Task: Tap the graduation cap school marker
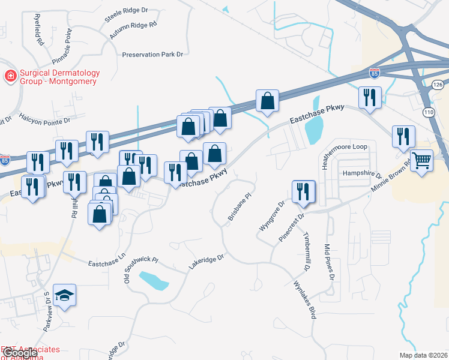[x=65, y=295]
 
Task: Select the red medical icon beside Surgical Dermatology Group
[x=10, y=76]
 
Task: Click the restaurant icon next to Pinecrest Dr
[x=303, y=191]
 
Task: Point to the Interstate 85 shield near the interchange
[x=375, y=73]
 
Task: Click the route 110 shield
[x=428, y=112]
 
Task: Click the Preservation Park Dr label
[x=152, y=55]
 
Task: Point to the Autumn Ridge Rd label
[x=133, y=31]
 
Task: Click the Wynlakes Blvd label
[x=304, y=300]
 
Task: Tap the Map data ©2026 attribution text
[x=423, y=355]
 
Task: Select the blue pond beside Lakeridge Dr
[x=154, y=280]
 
